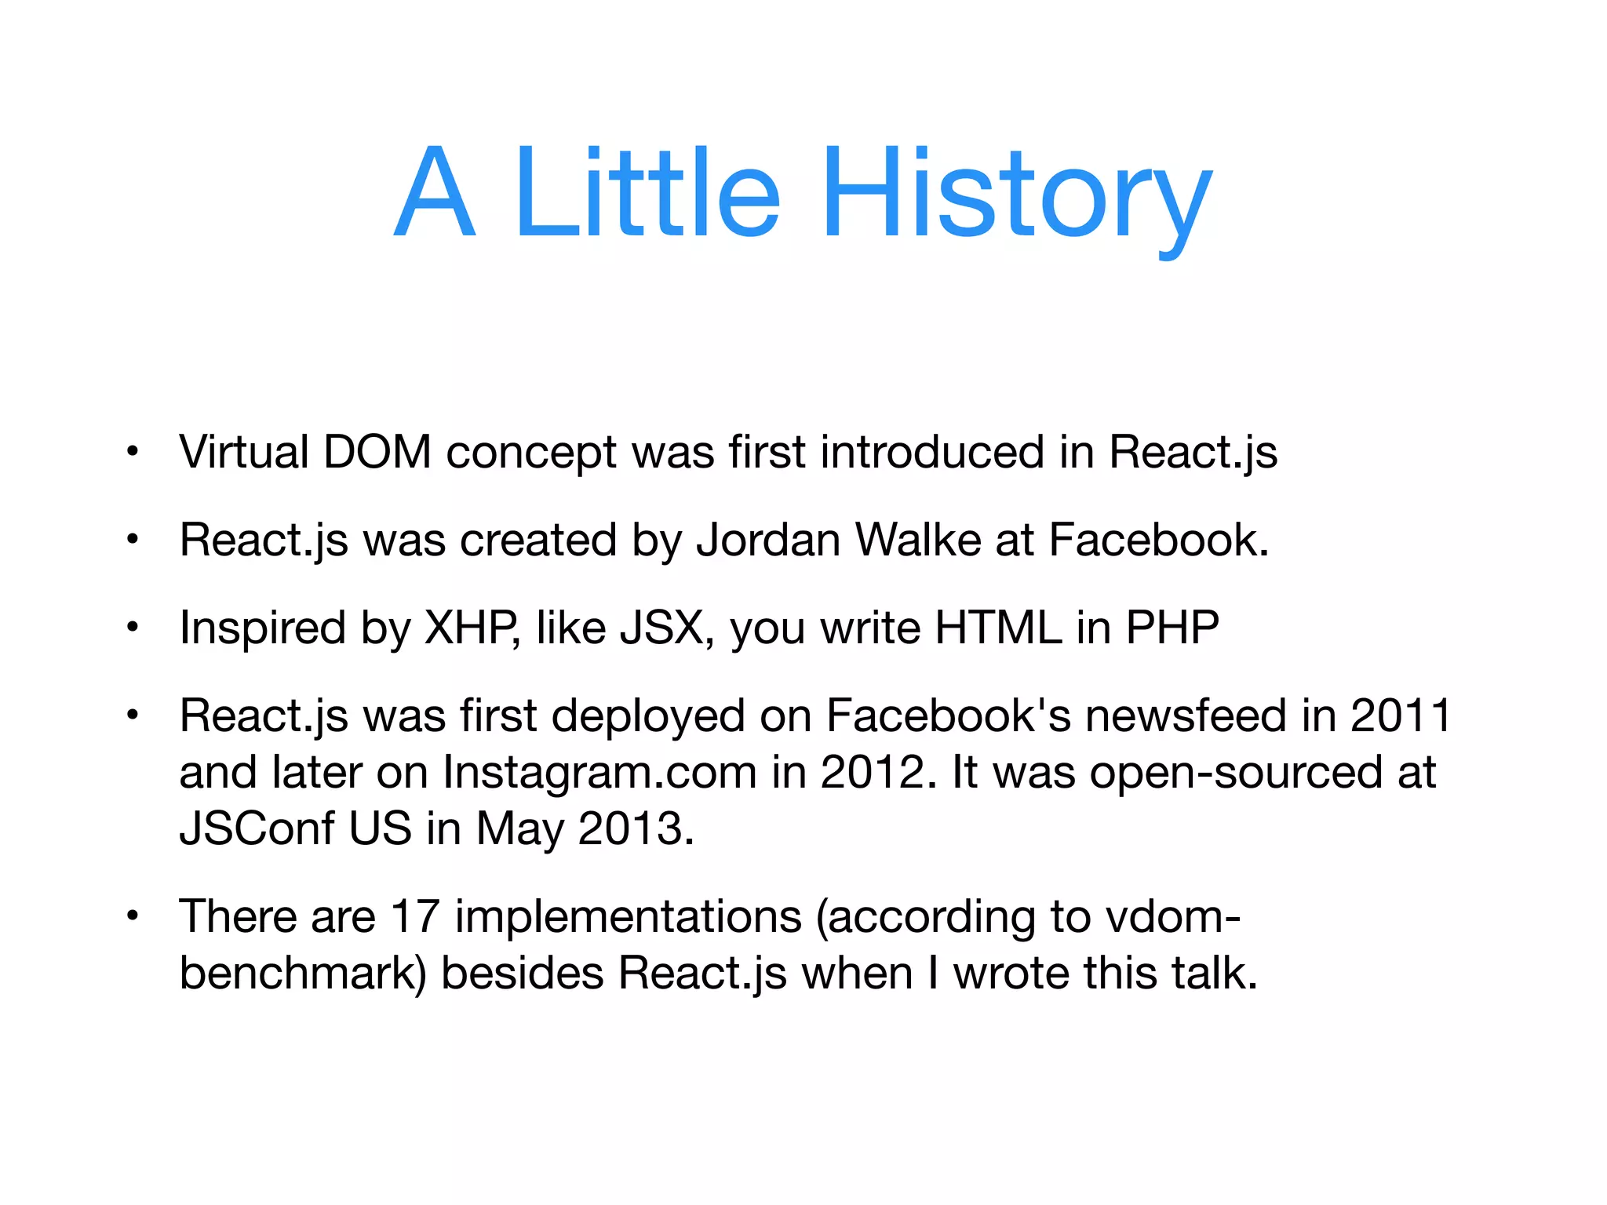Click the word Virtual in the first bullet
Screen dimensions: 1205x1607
click(244, 453)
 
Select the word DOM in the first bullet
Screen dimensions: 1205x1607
click(377, 453)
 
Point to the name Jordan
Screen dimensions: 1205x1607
click(768, 541)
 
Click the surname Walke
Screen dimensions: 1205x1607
click(917, 541)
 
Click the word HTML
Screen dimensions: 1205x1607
click(998, 628)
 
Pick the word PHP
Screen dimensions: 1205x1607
click(1172, 628)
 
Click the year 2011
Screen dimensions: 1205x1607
click(1401, 716)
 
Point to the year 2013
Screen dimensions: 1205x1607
click(636, 829)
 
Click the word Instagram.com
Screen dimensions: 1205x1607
click(599, 773)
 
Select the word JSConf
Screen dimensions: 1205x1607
click(256, 829)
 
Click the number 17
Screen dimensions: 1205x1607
click(415, 917)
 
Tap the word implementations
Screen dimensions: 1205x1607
click(628, 917)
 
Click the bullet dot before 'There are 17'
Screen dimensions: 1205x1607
click(133, 916)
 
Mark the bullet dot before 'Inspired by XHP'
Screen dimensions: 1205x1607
click(133, 627)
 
